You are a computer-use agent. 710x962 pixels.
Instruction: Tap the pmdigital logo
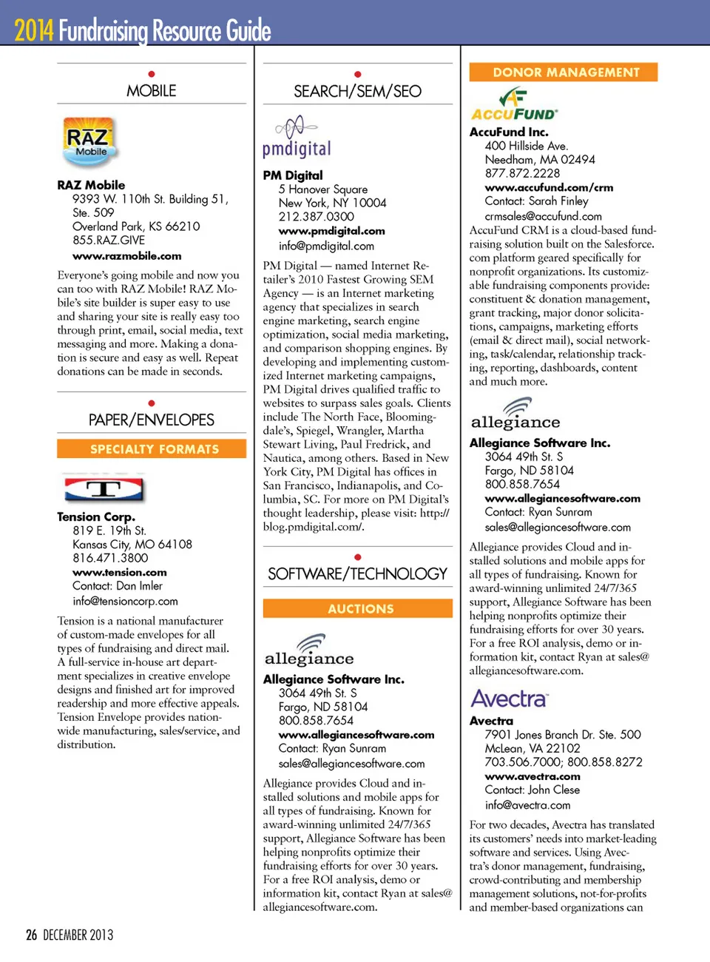297,138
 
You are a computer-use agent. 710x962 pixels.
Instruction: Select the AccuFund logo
514,104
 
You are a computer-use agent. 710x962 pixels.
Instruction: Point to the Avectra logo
510,699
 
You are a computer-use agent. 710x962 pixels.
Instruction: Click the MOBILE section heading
152,91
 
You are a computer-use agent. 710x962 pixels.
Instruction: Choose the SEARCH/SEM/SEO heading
357,92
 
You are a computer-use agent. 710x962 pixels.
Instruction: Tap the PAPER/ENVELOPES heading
152,420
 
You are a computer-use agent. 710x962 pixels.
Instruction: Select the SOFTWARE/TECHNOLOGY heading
357,574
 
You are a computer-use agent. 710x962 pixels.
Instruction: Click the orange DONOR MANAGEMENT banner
564,73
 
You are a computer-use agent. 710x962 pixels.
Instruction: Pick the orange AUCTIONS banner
358,609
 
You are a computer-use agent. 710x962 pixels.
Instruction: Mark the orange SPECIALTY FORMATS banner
152,449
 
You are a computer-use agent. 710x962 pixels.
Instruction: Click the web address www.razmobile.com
127,256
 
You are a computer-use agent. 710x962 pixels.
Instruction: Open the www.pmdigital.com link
331,231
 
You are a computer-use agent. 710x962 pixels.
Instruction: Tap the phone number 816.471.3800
110,558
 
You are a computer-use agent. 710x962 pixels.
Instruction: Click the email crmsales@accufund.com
543,216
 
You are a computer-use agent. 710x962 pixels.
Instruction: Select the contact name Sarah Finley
558,201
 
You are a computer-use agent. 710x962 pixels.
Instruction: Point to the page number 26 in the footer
31,935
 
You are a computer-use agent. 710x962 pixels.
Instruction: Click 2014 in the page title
34,30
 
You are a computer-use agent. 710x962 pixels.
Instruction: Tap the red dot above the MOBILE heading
152,74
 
